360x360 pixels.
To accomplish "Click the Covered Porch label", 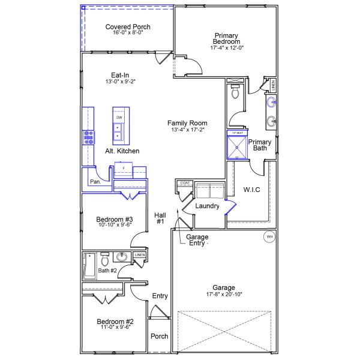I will (127, 27).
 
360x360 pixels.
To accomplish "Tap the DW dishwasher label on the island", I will (119, 118).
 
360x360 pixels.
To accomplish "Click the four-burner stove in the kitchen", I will (89, 138).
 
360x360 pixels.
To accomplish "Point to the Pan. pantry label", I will (95, 181).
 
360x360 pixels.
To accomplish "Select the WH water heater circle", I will (269, 237).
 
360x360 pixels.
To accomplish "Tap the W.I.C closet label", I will (251, 190).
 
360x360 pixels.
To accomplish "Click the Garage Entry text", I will (197, 240).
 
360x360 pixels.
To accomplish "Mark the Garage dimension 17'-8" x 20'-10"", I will (223, 295).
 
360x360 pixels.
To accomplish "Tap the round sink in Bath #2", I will (122, 258).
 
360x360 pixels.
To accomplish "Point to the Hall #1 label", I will (160, 218).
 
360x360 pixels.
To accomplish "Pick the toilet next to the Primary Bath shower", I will (235, 92).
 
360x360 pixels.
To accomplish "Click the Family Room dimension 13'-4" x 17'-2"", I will (188, 130).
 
